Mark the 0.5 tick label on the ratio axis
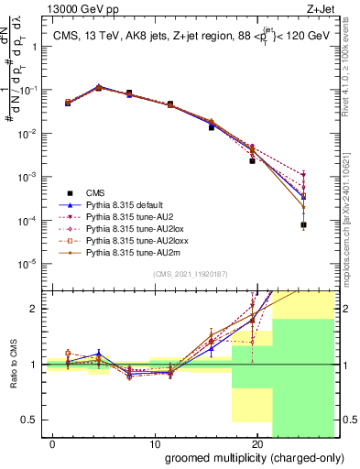[x=29, y=420]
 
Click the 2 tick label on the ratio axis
[x=34, y=309]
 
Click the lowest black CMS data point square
[x=303, y=224]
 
